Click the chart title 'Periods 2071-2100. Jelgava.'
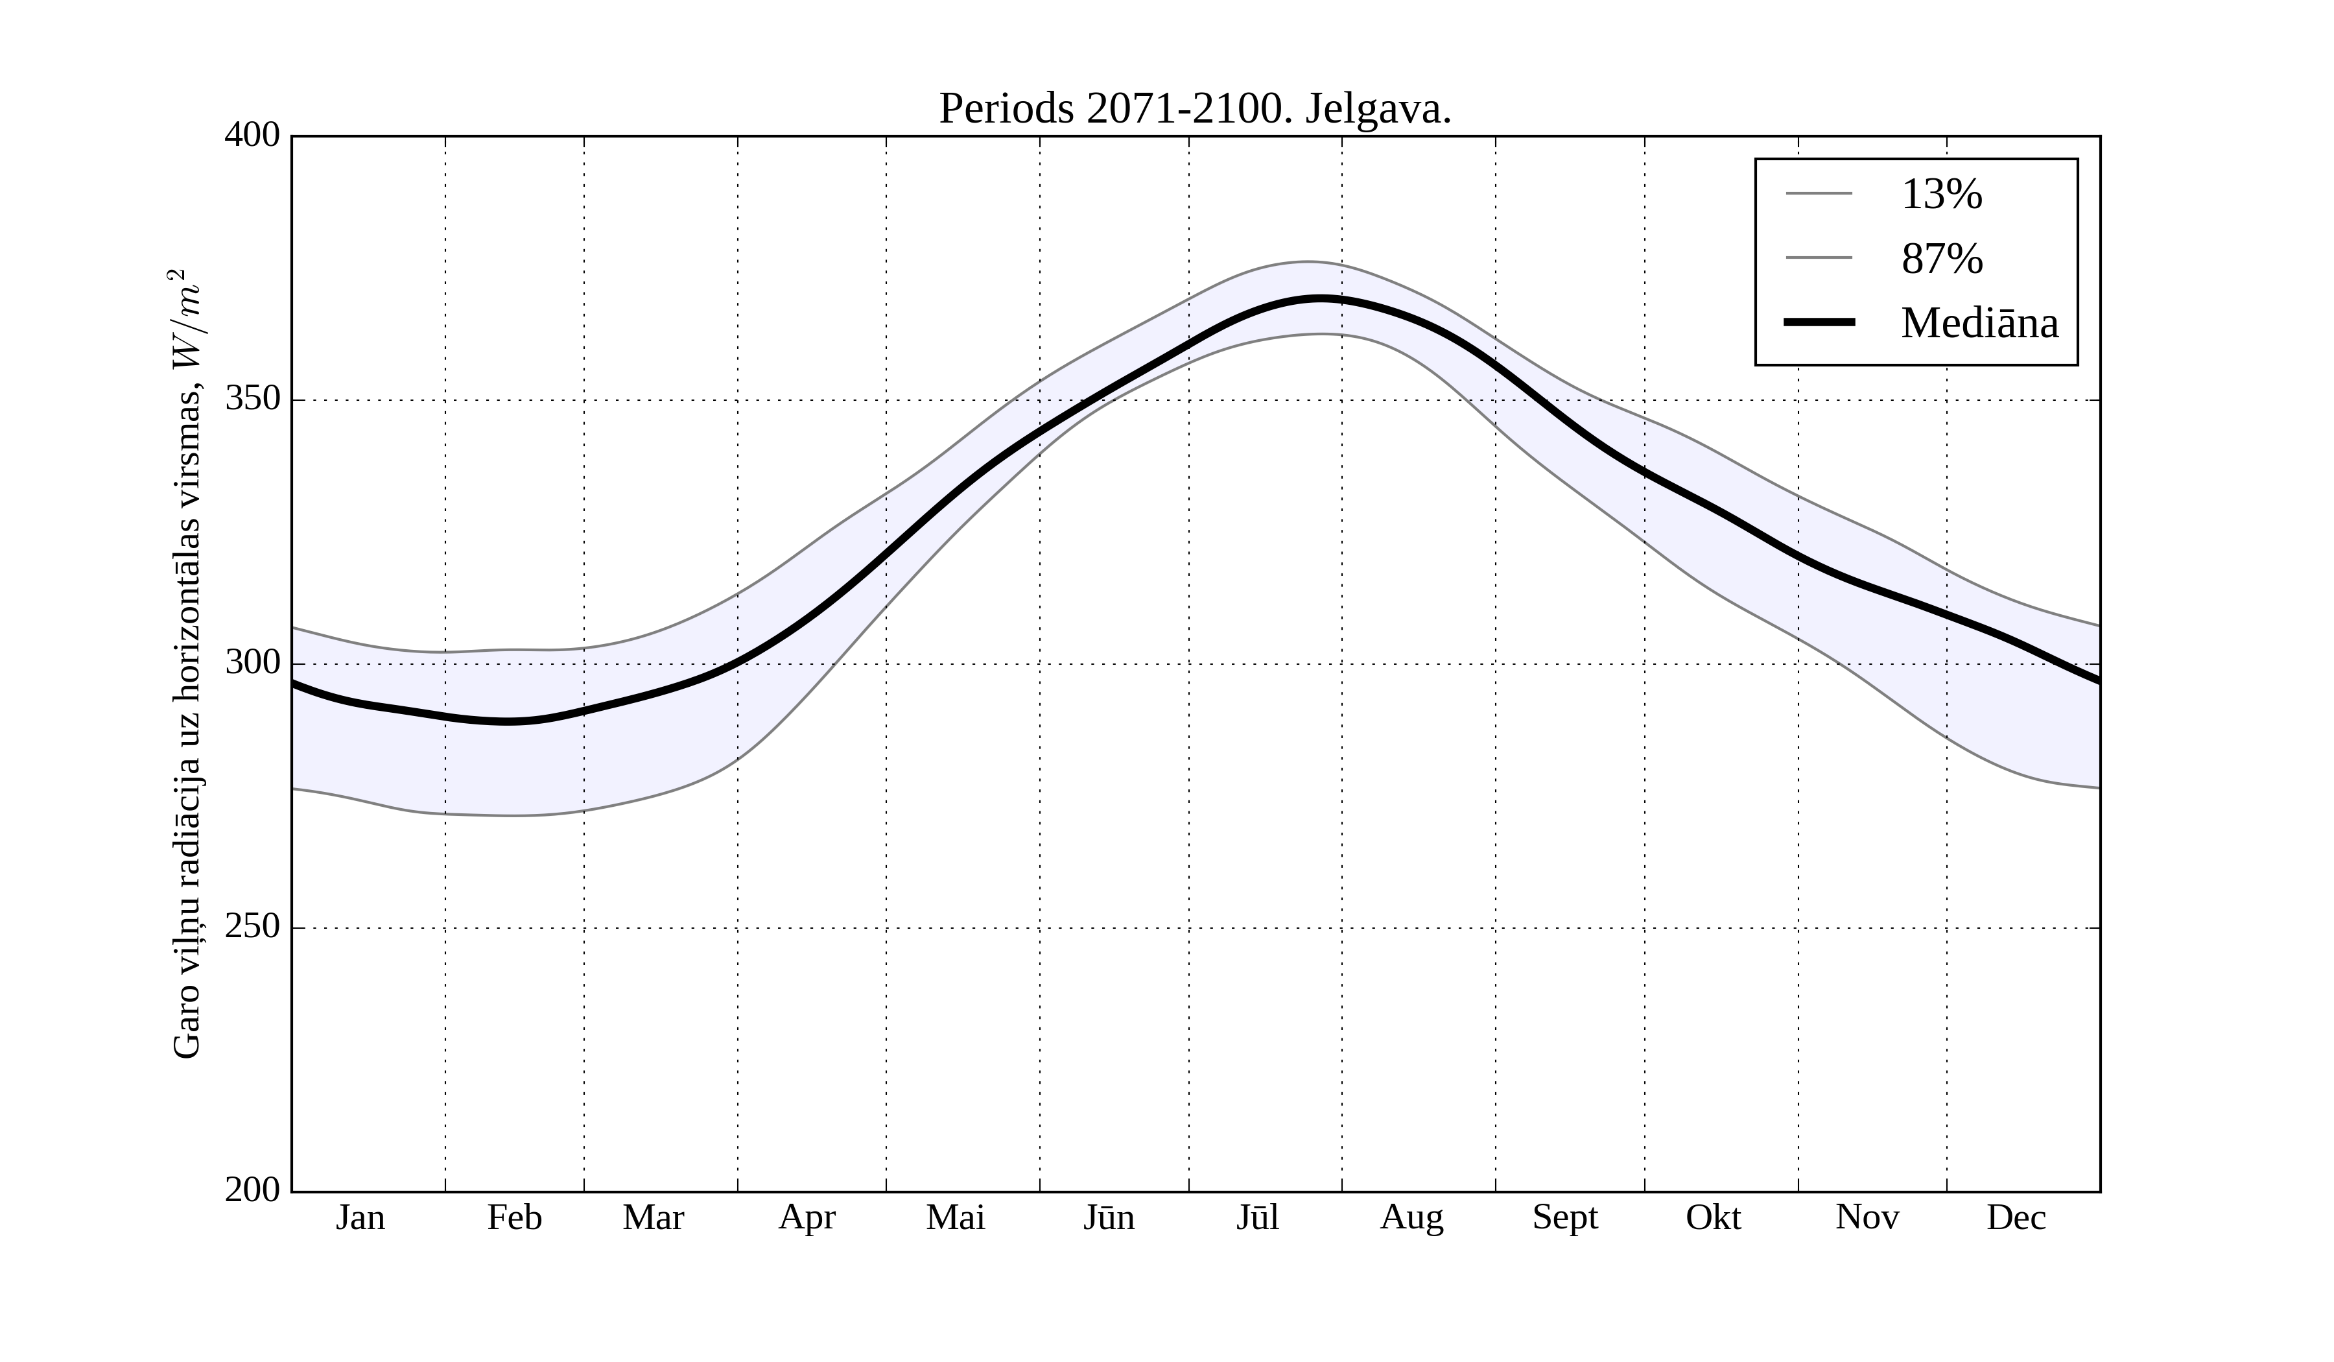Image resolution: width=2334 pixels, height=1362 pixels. point(1195,110)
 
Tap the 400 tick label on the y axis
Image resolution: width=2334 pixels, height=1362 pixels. point(252,136)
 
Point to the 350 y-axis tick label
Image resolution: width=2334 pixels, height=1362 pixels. point(252,400)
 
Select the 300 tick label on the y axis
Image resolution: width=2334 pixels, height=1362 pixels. point(252,663)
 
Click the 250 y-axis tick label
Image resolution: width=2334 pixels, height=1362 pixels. point(252,927)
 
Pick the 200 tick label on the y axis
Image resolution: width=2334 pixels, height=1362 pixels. point(252,1191)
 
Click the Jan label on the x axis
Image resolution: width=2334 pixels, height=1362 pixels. point(360,1217)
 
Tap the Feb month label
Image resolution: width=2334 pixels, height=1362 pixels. point(514,1217)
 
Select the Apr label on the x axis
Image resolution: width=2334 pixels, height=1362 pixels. point(807,1217)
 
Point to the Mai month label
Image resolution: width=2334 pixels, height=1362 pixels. point(955,1217)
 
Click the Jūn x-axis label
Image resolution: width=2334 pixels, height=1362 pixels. point(1109,1217)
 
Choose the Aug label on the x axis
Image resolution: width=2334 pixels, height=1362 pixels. point(1411,1217)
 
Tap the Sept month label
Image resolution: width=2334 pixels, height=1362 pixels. point(1565,1217)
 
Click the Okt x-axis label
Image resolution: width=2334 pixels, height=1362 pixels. point(1714,1217)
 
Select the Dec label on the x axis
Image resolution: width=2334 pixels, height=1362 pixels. point(2016,1217)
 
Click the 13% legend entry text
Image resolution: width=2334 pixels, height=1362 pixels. point(1941,195)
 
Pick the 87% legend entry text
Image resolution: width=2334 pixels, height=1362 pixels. point(1941,259)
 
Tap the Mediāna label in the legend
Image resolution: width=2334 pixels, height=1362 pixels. point(1979,324)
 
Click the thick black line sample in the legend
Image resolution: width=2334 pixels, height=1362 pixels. point(1819,322)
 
